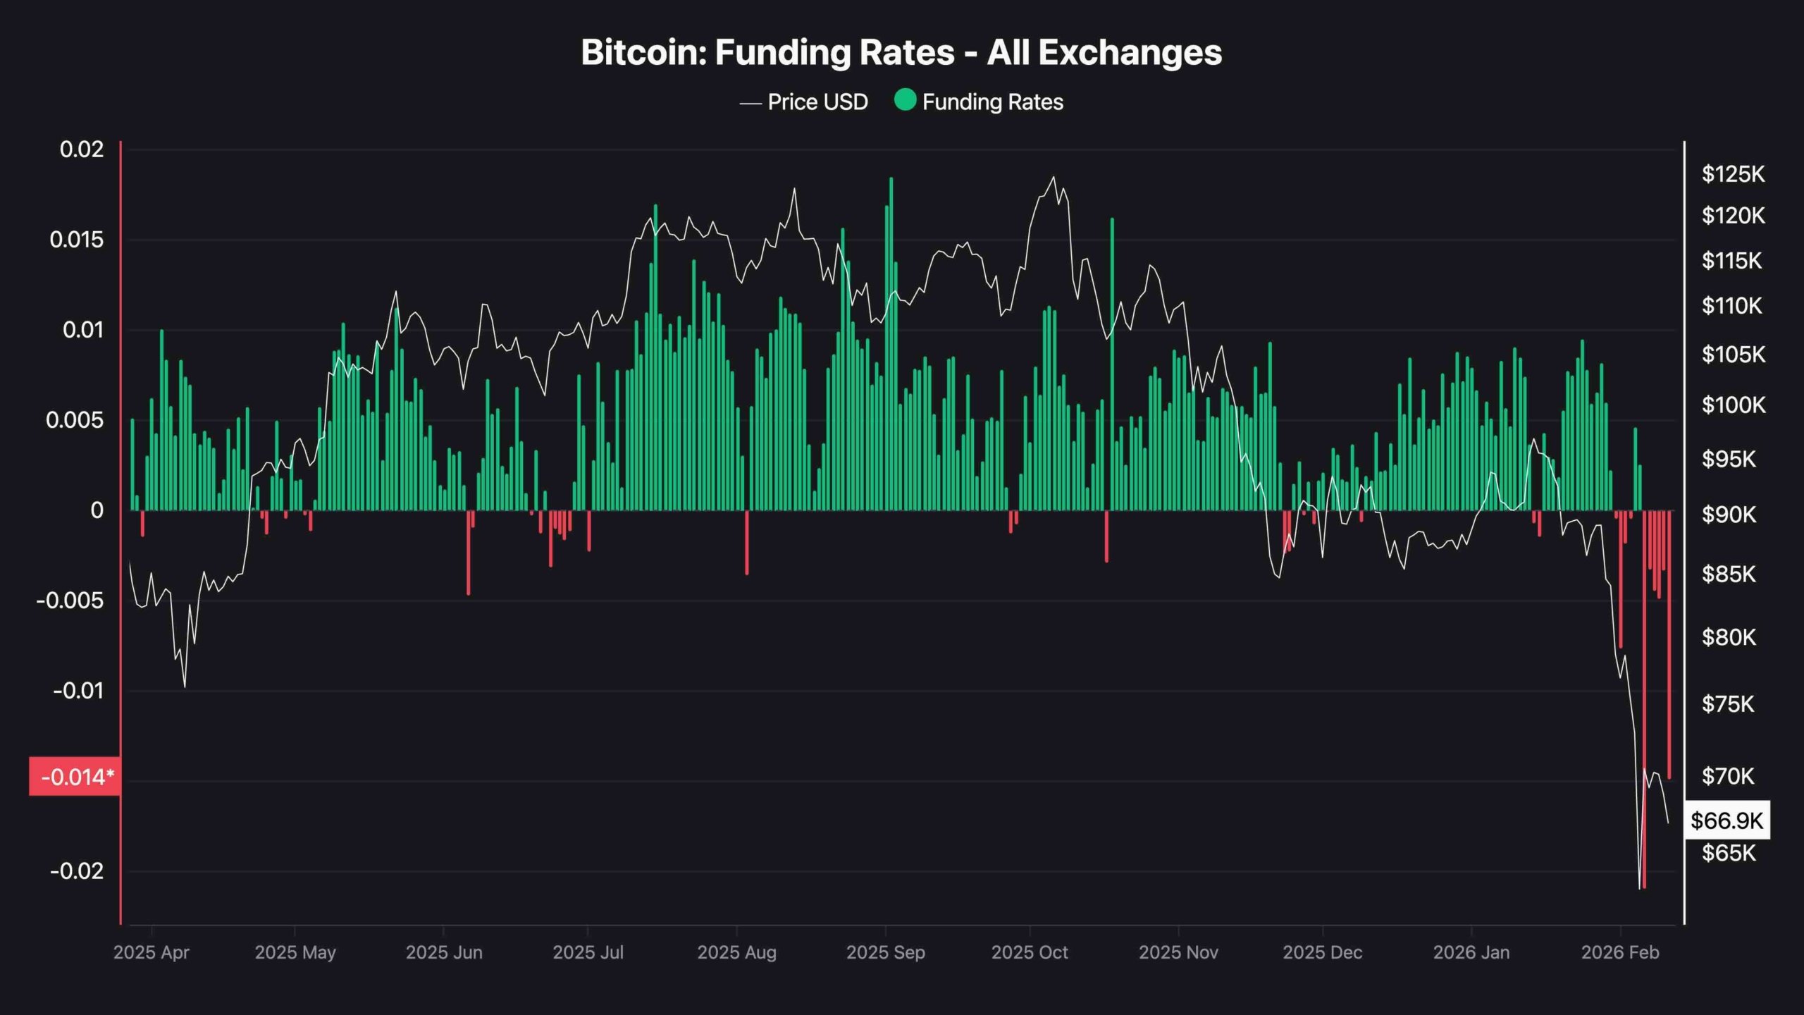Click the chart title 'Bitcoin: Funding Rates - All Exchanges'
901,52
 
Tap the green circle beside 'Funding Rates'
905,101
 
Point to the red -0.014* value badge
75,777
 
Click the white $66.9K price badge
1726,820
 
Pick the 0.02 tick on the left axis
82,149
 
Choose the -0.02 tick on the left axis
77,871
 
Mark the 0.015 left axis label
77,240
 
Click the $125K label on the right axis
1733,174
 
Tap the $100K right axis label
1733,405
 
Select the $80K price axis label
1729,637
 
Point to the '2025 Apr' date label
152,952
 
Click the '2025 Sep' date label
885,952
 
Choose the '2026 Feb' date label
1620,952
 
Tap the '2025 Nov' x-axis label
1178,952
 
